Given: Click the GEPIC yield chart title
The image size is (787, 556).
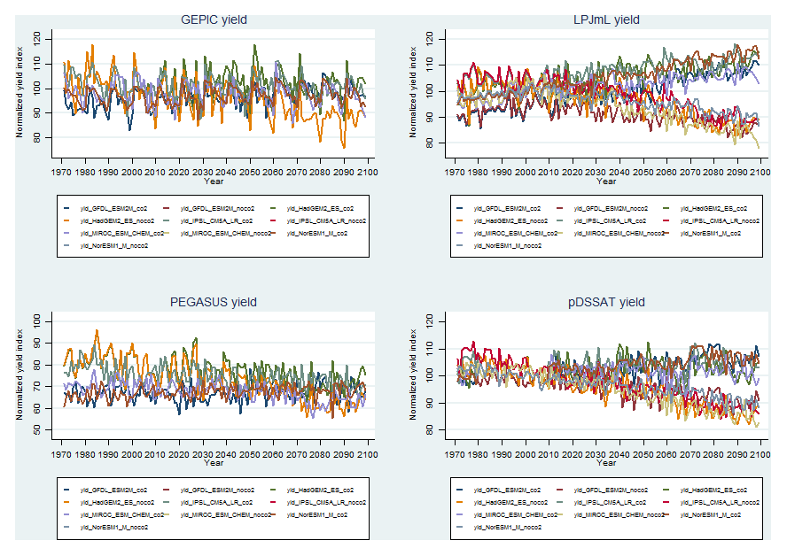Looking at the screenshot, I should pos(213,19).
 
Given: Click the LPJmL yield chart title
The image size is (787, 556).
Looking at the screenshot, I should pos(606,19).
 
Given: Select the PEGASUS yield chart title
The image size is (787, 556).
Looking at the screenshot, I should pos(213,302).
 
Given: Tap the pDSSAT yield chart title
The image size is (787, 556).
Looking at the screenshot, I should pos(606,302).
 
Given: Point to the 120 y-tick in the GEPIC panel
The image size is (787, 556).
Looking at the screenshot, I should pos(36,38).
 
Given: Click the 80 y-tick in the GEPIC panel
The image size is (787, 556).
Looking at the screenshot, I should pos(36,138).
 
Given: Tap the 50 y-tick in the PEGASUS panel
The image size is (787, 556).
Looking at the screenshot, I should pos(36,430).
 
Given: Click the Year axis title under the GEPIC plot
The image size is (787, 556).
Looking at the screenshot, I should pos(213,181).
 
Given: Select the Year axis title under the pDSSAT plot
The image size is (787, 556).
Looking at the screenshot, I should pos(606,463).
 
